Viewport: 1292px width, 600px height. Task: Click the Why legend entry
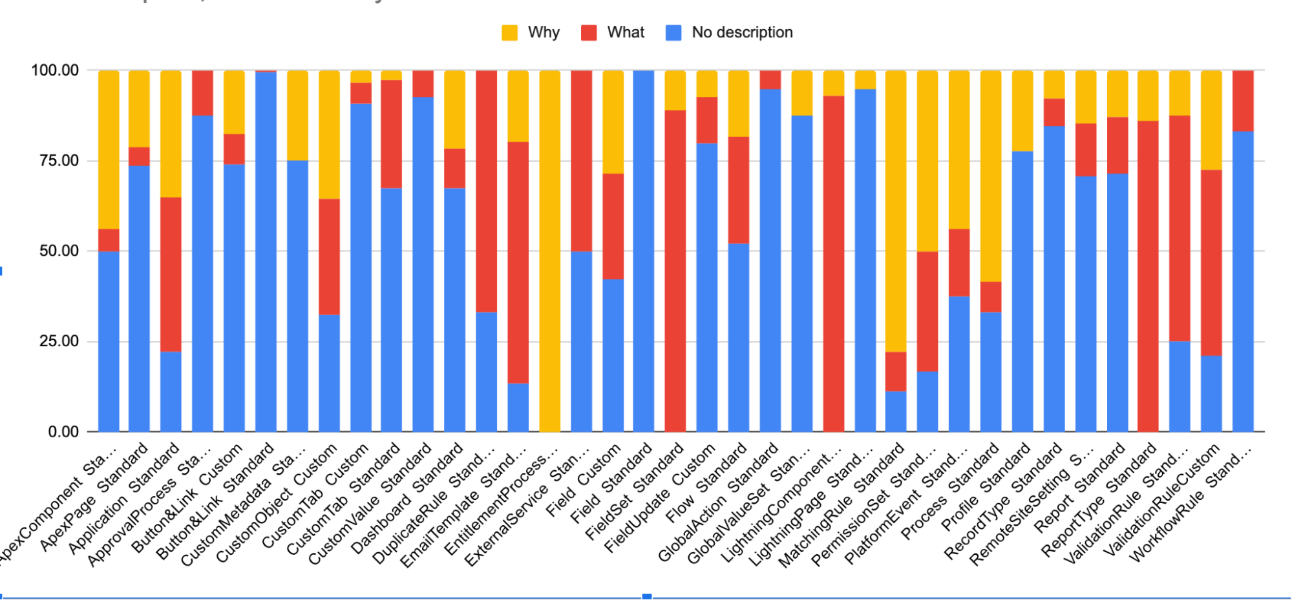tap(531, 32)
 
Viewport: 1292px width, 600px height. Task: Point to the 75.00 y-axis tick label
tap(59, 161)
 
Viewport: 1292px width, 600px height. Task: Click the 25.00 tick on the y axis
tap(59, 341)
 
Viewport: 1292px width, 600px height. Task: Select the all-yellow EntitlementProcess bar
tap(549, 252)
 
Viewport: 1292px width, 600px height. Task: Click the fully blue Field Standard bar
tap(644, 252)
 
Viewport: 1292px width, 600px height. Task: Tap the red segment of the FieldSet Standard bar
tap(675, 271)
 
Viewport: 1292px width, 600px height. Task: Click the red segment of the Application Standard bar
tap(171, 274)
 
